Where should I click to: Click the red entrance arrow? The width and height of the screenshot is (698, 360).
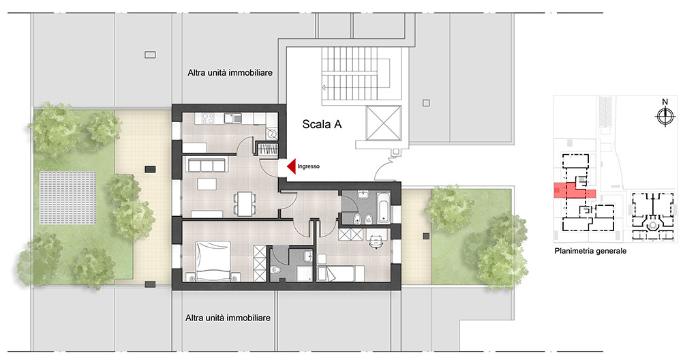tap(292, 166)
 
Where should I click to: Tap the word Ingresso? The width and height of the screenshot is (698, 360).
tap(309, 166)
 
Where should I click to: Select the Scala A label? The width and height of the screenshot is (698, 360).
tap(322, 124)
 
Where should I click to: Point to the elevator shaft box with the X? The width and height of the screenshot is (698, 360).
tap(383, 123)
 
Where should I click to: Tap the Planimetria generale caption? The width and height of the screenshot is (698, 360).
tap(590, 251)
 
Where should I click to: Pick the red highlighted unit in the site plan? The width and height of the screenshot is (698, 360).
tap(574, 191)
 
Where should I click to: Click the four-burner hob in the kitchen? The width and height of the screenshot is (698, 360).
tap(208, 119)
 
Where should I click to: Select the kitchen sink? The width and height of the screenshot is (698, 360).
tap(233, 119)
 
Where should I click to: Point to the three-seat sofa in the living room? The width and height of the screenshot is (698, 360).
tap(206, 165)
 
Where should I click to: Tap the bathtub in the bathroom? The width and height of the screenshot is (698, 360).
tap(383, 208)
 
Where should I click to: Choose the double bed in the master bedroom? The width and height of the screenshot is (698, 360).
tap(213, 261)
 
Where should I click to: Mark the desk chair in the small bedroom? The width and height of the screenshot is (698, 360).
tap(376, 241)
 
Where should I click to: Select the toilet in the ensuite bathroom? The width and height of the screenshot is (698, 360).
tap(277, 271)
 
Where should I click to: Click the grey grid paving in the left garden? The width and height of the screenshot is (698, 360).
tap(67, 198)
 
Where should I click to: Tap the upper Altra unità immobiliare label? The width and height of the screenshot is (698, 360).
tap(230, 72)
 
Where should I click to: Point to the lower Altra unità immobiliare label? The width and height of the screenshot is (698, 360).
tap(228, 318)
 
